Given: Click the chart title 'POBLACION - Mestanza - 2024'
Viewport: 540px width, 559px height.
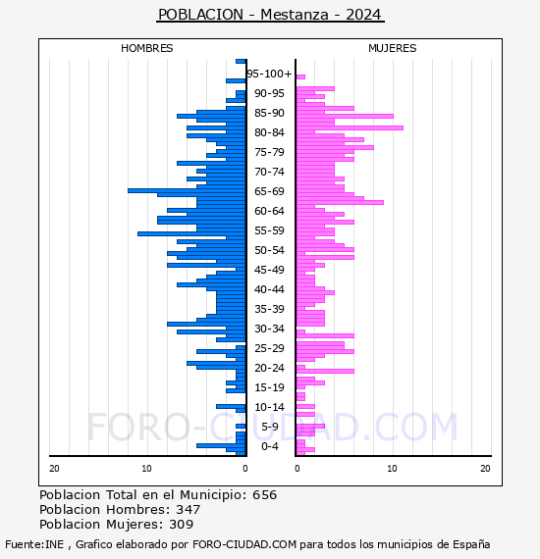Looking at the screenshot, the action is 270,15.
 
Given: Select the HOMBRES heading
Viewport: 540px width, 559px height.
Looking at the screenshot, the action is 146,48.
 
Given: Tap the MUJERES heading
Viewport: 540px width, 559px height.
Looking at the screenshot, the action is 393,48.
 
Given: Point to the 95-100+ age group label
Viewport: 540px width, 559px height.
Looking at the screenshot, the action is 269,74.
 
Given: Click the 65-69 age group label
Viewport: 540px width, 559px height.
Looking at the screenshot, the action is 269,191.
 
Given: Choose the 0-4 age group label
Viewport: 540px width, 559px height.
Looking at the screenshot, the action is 269,446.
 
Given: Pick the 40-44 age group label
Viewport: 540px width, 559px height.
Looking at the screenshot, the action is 269,289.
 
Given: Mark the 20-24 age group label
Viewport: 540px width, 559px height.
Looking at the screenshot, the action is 269,368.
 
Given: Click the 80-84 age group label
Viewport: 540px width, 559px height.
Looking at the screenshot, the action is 269,132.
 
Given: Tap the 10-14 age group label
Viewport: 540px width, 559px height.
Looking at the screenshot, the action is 269,407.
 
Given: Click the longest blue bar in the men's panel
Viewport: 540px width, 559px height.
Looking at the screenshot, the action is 187,190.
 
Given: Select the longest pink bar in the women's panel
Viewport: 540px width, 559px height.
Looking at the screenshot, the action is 350,128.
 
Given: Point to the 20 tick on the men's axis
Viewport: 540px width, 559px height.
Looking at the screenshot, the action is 54,469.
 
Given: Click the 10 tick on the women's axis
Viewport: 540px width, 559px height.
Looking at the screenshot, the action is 392,469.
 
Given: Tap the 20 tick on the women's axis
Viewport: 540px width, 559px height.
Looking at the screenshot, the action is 485,469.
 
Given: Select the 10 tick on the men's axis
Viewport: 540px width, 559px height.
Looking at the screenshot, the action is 146,469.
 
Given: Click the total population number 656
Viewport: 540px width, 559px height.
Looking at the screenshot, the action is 264,495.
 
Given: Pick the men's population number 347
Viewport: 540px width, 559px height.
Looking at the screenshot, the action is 189,509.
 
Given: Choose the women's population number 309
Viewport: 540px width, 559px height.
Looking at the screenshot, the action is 182,524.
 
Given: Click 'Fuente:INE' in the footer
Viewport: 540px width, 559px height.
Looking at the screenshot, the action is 34,544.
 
